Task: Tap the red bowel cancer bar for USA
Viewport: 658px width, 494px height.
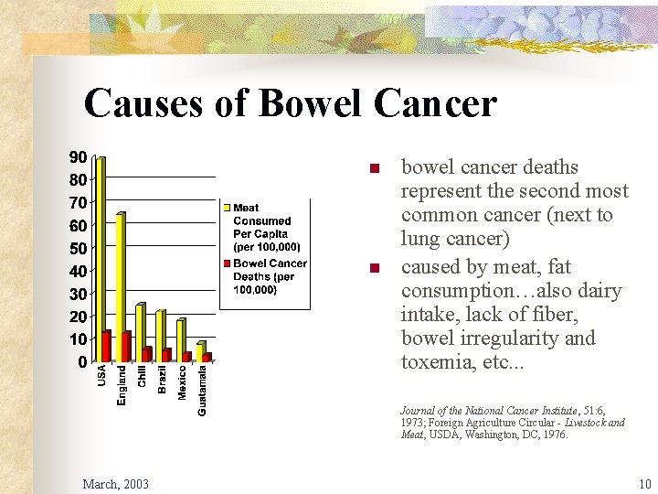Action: [108, 346]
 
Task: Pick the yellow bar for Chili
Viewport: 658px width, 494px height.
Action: [140, 332]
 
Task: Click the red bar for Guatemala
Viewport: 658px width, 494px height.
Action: [207, 357]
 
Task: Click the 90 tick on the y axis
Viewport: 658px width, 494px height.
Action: [79, 156]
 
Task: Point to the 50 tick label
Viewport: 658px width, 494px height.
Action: [79, 248]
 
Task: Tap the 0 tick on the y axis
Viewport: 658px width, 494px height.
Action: [83, 362]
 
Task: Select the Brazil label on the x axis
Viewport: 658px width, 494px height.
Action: [163, 379]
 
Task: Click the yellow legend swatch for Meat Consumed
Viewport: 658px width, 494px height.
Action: [228, 209]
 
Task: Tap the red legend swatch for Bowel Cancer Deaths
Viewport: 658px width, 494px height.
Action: [228, 263]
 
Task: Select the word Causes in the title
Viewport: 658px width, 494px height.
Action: [139, 104]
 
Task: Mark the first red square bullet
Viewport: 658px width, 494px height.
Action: [372, 168]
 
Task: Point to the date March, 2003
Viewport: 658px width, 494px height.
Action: [116, 483]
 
